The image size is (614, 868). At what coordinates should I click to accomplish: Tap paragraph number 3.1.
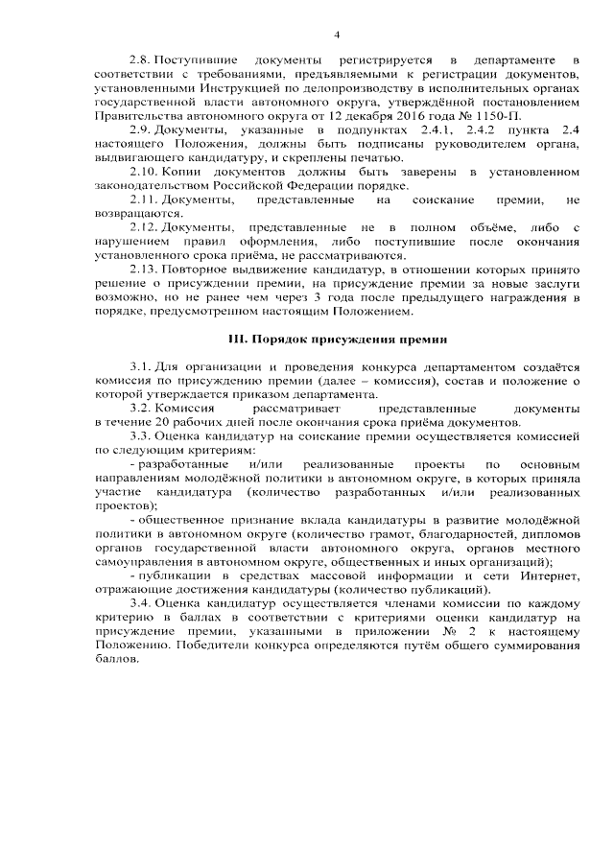(139, 367)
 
